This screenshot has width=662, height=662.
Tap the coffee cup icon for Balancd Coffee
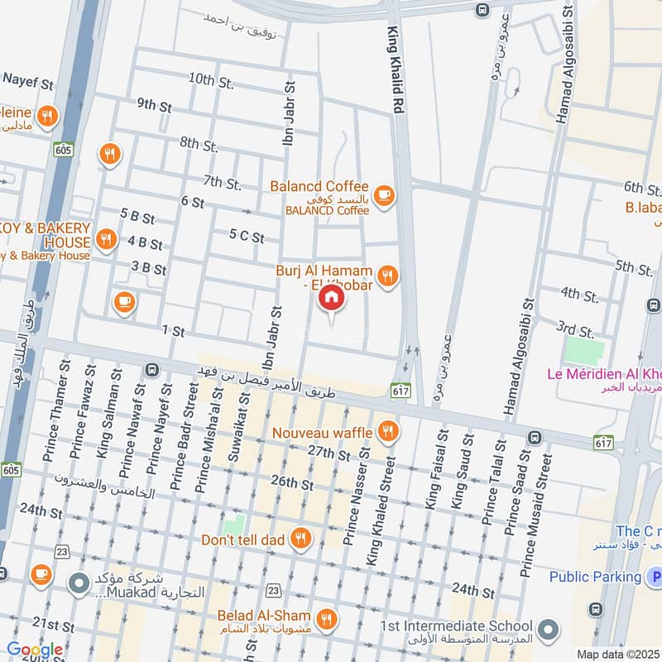(382, 194)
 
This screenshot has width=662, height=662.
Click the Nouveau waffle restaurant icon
(386, 431)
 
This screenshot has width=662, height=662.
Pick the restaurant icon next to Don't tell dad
(301, 540)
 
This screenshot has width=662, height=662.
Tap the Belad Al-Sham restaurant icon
(328, 617)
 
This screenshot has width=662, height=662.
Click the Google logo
(35, 650)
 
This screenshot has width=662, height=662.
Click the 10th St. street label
(211, 81)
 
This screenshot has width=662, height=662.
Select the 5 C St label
(247, 237)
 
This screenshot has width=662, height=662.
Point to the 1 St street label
(173, 330)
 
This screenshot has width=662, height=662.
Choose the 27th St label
(329, 453)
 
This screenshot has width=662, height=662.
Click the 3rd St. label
(575, 331)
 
